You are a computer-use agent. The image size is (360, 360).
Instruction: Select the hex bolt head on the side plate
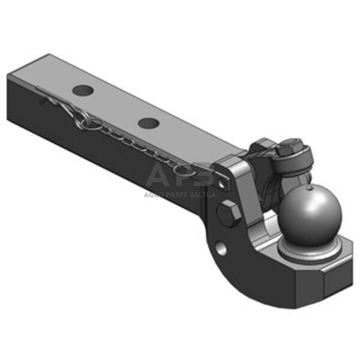229,214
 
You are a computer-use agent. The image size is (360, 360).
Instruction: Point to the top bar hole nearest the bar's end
83,91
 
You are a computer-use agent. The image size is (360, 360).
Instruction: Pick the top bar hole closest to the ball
148,124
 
